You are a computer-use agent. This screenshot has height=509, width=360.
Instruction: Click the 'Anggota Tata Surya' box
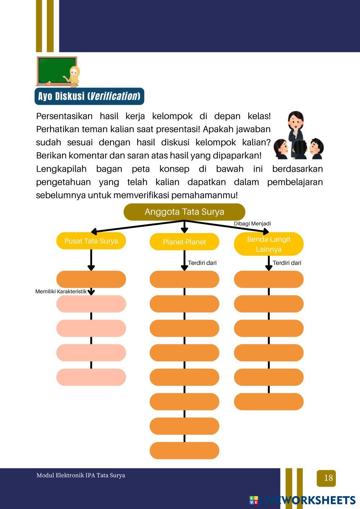[184, 212]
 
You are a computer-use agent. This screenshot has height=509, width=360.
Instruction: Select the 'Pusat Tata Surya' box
[91, 241]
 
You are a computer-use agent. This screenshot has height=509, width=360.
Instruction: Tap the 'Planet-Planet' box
[184, 242]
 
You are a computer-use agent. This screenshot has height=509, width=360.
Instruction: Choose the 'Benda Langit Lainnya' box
[269, 244]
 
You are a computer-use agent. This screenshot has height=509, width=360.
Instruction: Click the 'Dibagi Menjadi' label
[252, 224]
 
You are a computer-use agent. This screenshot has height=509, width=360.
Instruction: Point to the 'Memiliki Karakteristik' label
[61, 292]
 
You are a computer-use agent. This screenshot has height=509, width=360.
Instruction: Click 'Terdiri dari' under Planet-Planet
[202, 263]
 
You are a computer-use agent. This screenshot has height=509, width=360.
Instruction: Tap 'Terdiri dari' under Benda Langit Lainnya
[287, 263]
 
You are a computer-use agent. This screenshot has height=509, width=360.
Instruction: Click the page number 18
[328, 478]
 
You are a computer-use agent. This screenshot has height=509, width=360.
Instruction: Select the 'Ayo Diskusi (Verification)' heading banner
[89, 96]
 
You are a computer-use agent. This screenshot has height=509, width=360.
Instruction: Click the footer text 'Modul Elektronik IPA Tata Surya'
[81, 475]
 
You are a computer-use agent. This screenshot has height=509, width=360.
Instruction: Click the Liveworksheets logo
[302, 500]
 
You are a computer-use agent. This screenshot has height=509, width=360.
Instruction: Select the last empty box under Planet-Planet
[184, 450]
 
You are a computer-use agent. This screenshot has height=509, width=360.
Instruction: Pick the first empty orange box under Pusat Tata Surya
[91, 279]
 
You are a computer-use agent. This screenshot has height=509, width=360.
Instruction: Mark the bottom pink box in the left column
[91, 377]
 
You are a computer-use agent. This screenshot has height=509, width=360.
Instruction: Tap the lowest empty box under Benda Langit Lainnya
[269, 401]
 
